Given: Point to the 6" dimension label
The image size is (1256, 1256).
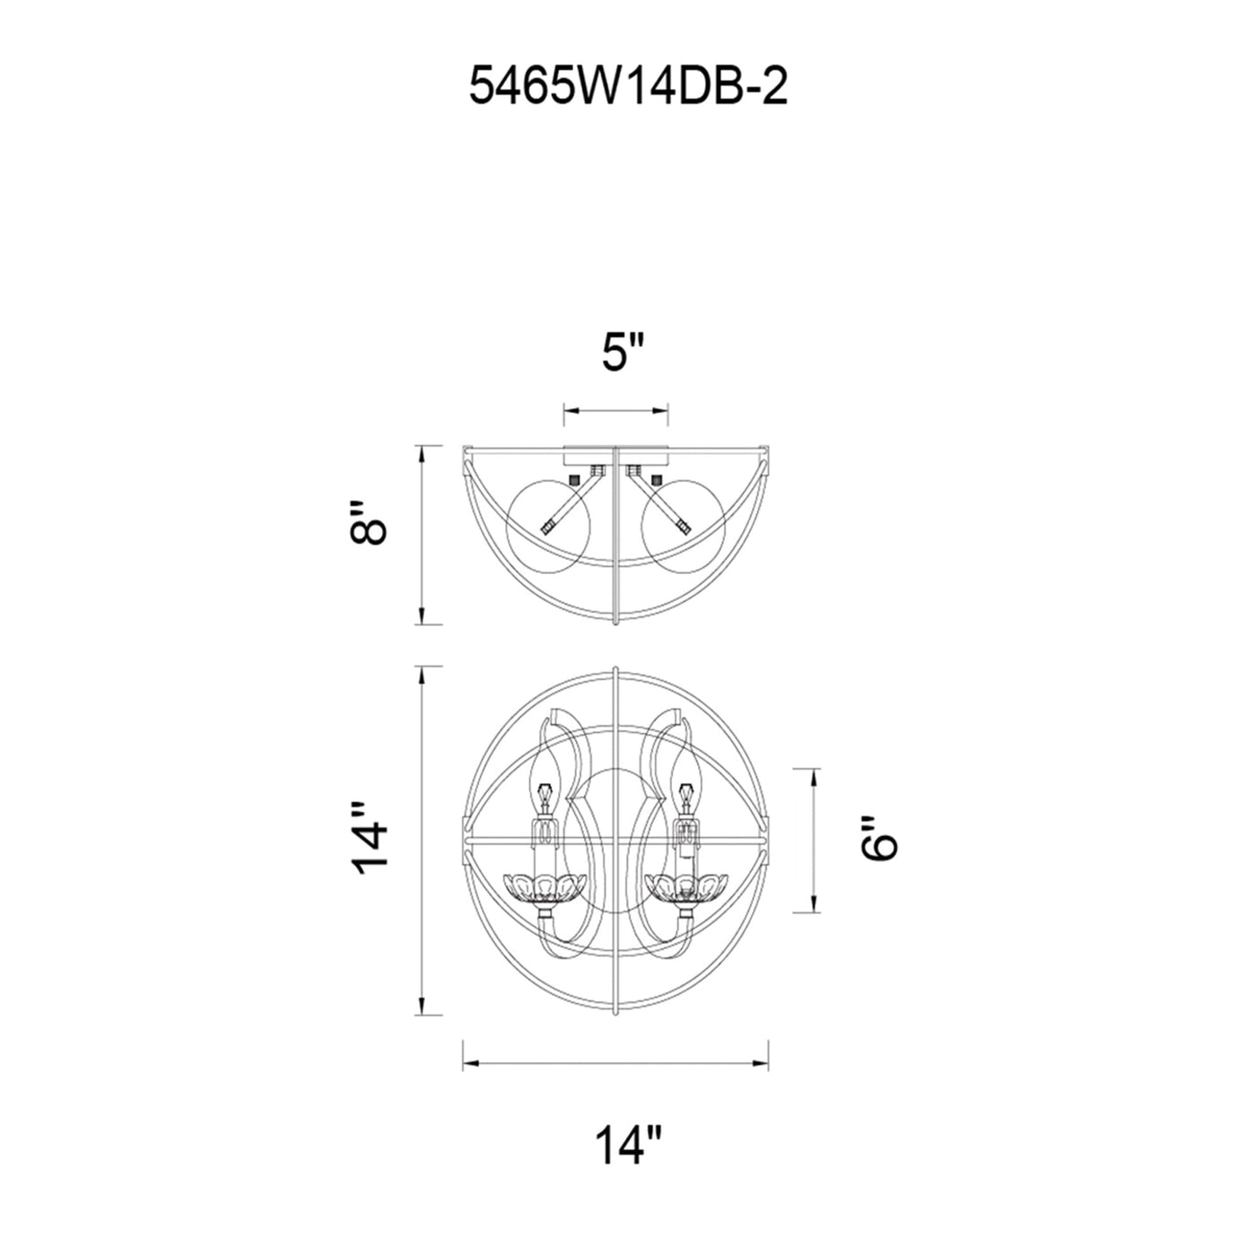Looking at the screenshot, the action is (x=879, y=839).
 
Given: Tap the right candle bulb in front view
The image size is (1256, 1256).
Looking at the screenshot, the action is (x=686, y=782).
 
